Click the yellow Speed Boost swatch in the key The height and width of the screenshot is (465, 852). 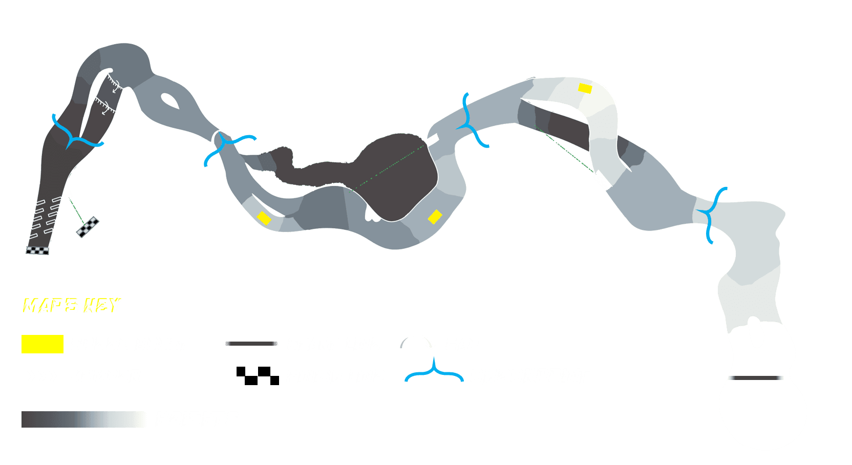click(x=42, y=344)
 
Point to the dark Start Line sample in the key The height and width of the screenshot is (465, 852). click(x=251, y=344)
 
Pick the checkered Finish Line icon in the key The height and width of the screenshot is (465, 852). click(x=258, y=376)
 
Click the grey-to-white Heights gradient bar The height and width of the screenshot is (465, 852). click(x=84, y=419)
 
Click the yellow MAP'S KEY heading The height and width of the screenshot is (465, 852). click(x=72, y=306)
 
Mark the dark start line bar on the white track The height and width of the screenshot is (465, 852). click(x=757, y=378)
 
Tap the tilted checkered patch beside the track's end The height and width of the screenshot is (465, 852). click(x=88, y=227)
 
